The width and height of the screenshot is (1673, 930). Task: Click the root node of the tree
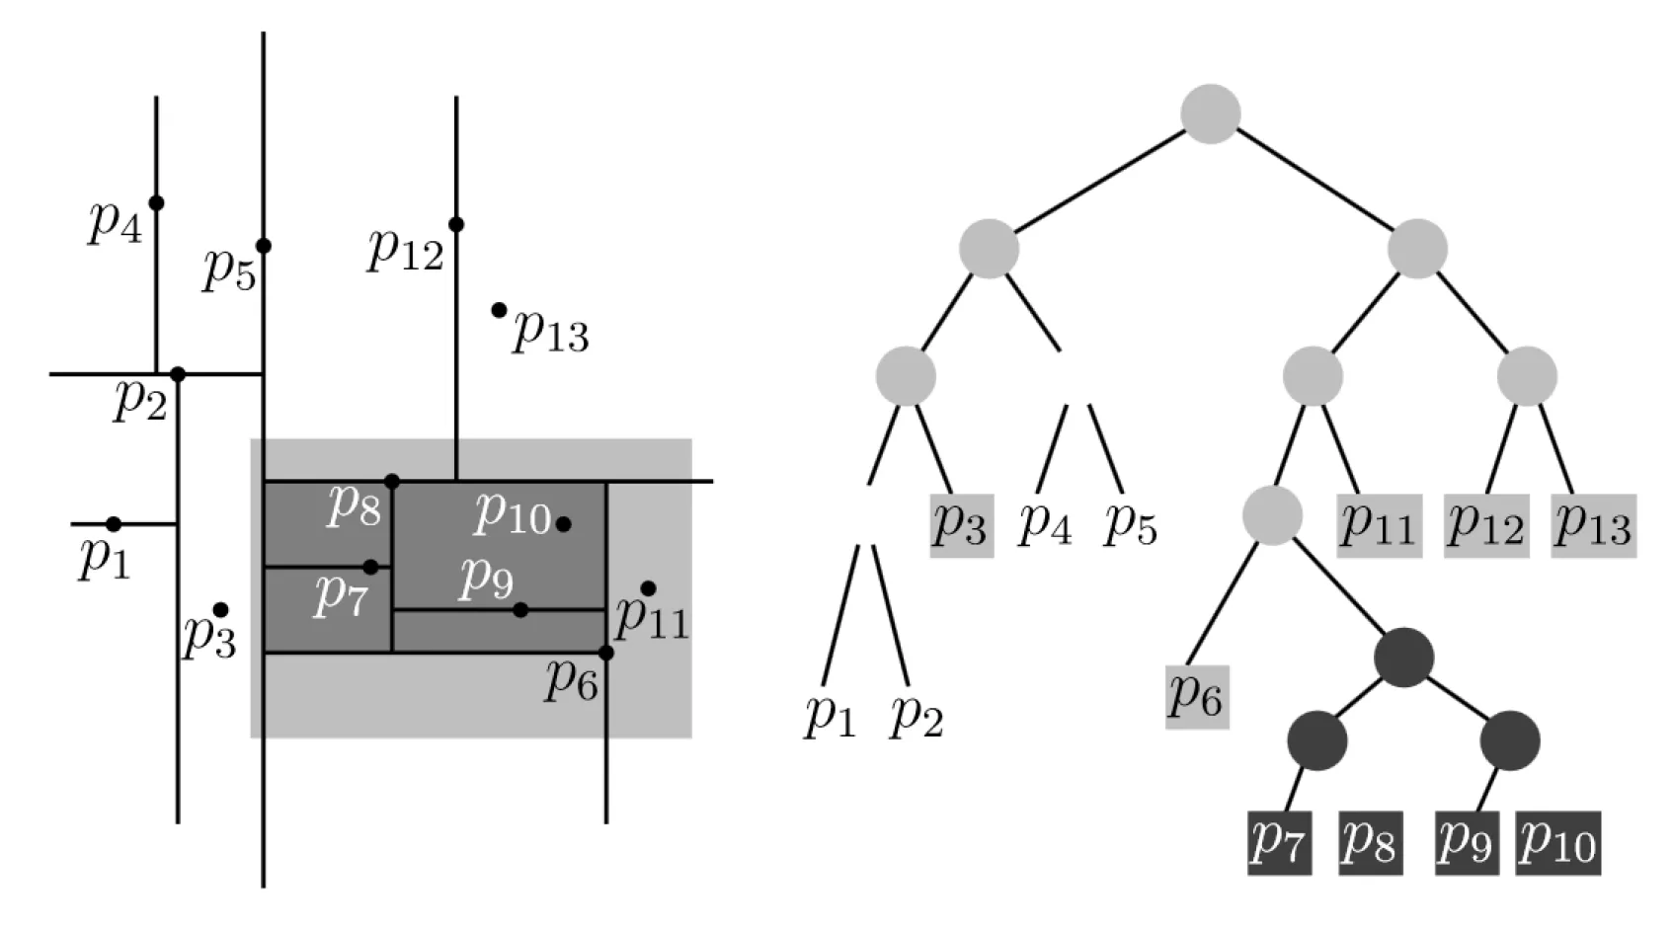[1210, 114]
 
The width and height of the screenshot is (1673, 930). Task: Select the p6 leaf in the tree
[1197, 696]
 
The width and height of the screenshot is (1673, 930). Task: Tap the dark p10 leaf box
[1557, 842]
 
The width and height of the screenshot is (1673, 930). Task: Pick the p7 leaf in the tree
[1279, 842]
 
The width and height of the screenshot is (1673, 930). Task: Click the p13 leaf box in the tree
[1593, 525]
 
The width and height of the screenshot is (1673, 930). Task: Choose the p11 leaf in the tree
[1380, 525]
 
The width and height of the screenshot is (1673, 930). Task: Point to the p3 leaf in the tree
[961, 525]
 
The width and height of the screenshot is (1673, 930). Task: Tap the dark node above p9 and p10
[1510, 740]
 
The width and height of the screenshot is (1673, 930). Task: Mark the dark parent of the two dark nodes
[1403, 659]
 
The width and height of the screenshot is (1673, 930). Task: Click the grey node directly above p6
[1272, 514]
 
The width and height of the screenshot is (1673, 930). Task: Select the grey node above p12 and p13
[1527, 376]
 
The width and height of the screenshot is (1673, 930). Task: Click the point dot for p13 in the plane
[499, 310]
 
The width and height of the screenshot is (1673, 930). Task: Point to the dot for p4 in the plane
[156, 202]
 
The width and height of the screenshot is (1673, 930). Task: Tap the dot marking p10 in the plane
[563, 523]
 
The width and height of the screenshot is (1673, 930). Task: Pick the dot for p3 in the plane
[221, 609]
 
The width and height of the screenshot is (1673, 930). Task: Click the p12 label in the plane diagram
[406, 250]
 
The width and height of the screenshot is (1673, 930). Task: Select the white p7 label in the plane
[341, 596]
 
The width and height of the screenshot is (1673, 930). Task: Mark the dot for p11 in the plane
[648, 588]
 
